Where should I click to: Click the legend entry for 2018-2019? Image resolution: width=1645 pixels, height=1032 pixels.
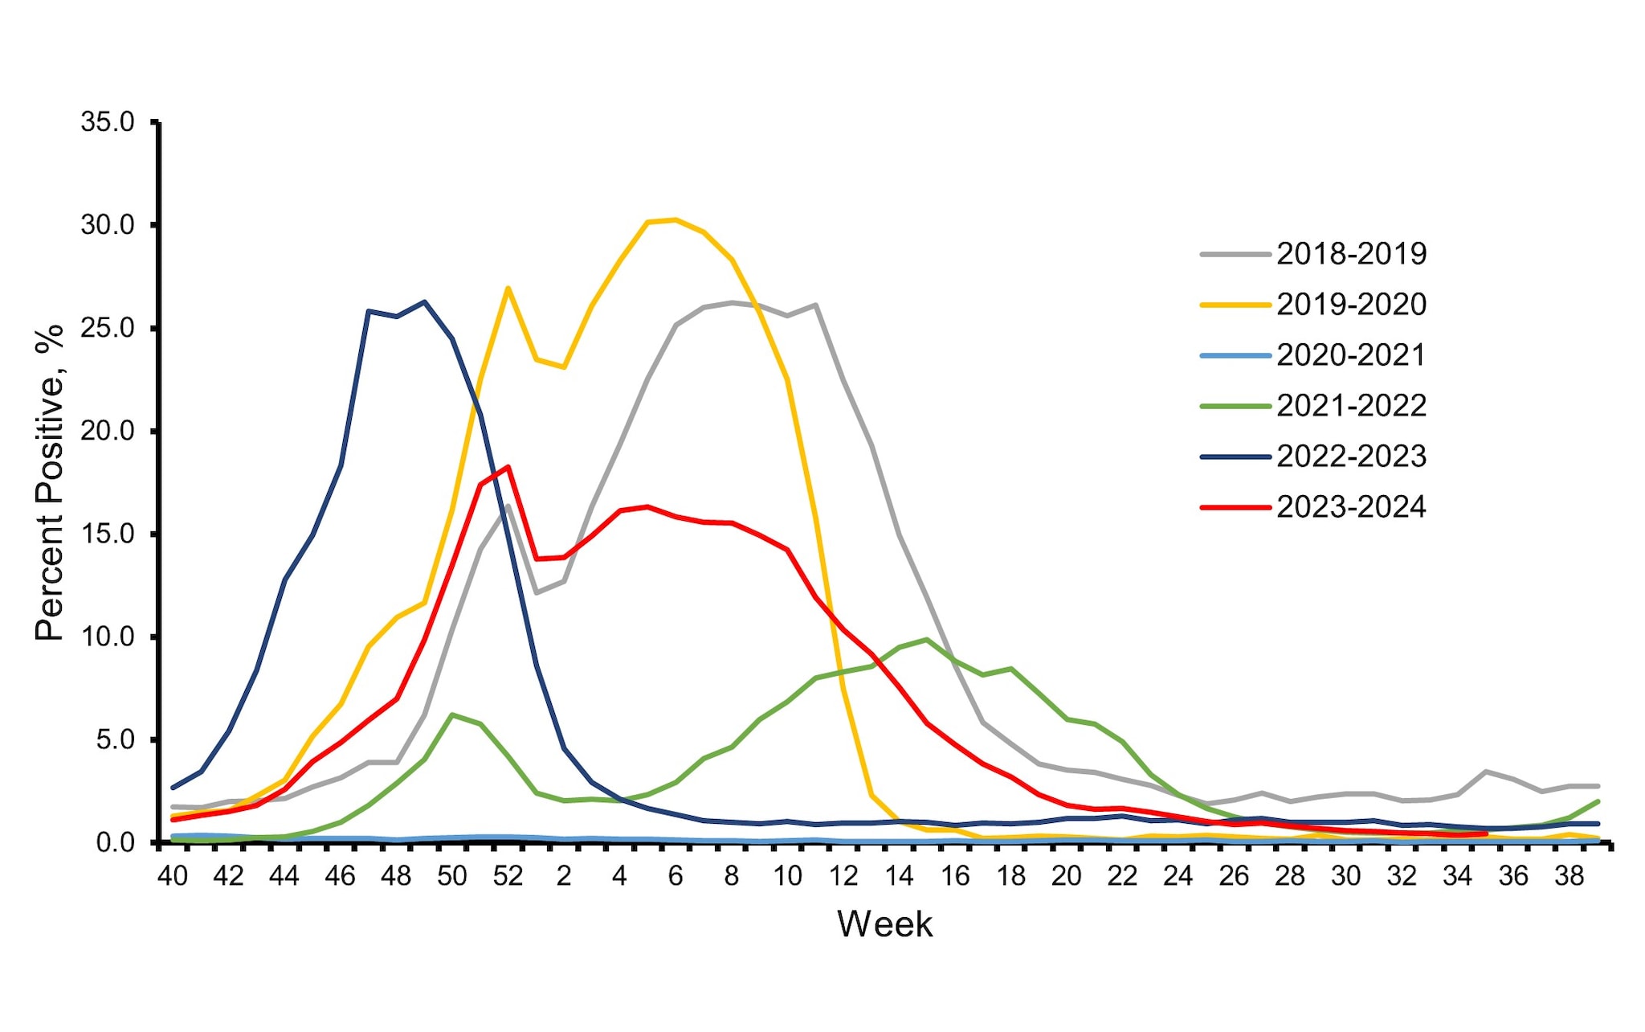(1351, 254)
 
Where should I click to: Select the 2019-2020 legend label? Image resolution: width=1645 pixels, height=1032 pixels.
(1351, 305)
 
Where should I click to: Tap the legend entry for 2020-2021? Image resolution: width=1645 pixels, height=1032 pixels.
(1351, 355)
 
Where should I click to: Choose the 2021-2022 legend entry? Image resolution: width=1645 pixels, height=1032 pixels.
(1351, 406)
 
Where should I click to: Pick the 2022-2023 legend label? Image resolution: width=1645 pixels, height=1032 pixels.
(1351, 457)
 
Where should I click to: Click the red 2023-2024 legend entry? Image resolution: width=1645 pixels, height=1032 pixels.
(1351, 507)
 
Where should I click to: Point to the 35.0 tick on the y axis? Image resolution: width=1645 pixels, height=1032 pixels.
(108, 122)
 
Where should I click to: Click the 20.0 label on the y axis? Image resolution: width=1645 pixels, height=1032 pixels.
(108, 431)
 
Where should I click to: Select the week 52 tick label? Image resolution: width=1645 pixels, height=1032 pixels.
(508, 876)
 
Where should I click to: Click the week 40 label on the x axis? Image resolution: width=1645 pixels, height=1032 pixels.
(173, 876)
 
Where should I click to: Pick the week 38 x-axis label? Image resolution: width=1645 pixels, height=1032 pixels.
(1569, 876)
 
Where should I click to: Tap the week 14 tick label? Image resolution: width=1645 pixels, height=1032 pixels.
(899, 876)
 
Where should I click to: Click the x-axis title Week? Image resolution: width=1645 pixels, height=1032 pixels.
(884, 924)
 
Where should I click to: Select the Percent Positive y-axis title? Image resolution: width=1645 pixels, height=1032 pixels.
(50, 482)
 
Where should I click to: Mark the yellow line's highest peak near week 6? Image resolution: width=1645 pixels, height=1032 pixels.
(675, 219)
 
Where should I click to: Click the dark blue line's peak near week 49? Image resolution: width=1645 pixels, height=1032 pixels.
(424, 302)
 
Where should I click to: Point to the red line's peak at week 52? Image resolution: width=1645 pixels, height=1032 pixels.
(508, 467)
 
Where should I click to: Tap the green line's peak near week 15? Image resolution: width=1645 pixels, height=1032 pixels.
(927, 640)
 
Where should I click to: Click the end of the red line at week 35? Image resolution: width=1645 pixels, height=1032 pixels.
(1485, 833)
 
